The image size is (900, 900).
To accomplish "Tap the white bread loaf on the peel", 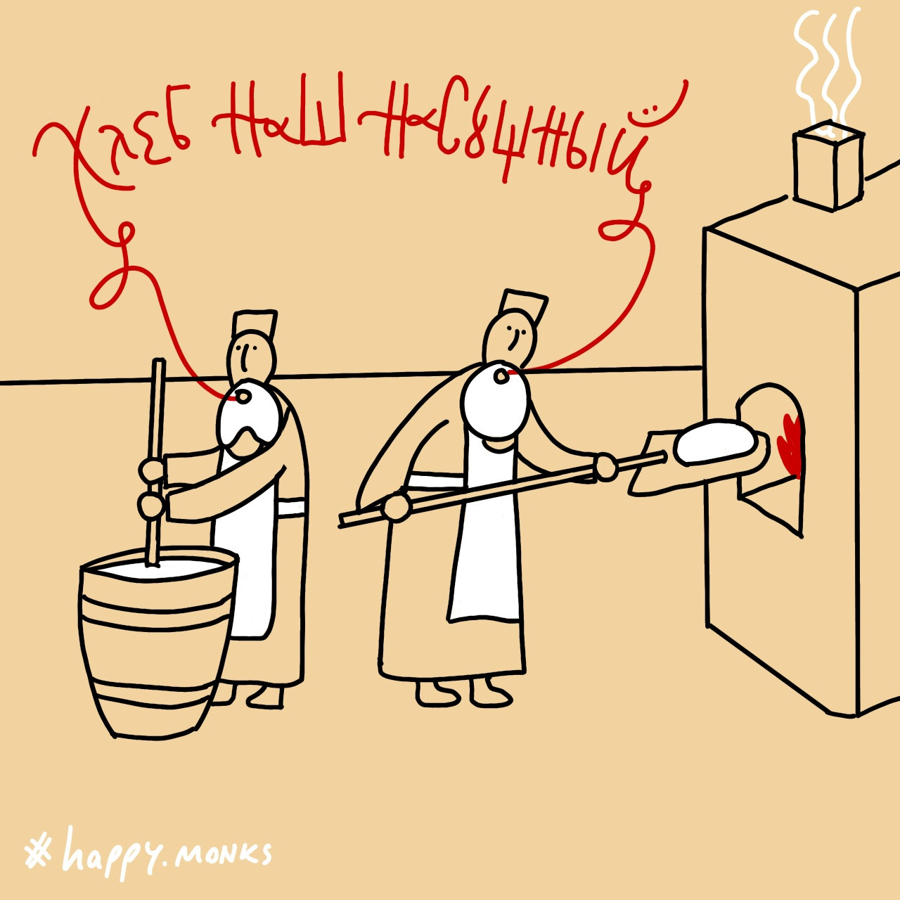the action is pyautogui.click(x=714, y=441).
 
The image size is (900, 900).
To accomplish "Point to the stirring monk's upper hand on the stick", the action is pyautogui.click(x=153, y=472).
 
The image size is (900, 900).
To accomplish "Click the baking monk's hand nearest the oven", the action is pyautogui.click(x=606, y=467).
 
